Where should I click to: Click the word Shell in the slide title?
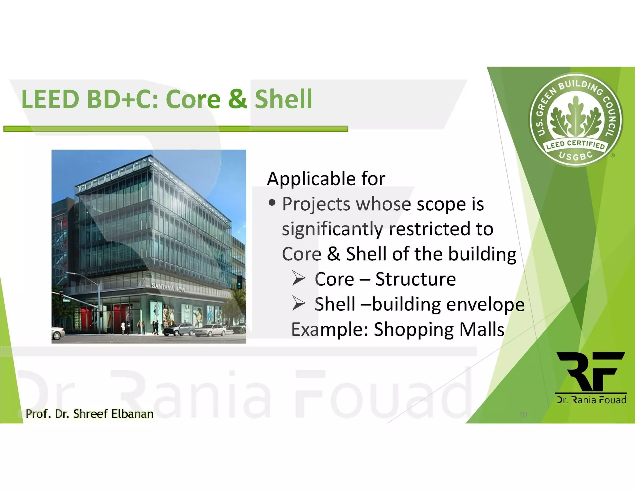[283, 99]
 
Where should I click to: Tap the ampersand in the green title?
[238, 99]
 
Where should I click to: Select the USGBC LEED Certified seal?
[575, 120]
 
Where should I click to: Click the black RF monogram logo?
[591, 372]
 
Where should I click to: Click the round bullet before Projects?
[272, 203]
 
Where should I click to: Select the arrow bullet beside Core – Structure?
[299, 278]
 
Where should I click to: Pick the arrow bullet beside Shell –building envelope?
[299, 304]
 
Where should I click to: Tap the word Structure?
[415, 279]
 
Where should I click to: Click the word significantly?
[332, 230]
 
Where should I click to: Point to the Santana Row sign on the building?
[168, 287]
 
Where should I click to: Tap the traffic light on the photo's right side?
[239, 282]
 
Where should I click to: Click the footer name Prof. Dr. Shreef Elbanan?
[89, 414]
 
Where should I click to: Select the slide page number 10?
[523, 414]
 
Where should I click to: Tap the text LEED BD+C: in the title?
[90, 99]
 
